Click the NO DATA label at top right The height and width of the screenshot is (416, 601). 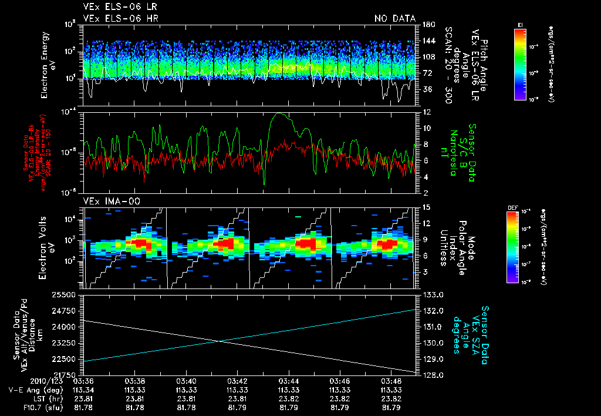click(394, 18)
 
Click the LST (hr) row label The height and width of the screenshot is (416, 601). click(30, 398)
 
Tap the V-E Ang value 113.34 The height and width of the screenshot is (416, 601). click(84, 390)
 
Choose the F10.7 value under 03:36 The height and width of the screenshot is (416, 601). click(84, 407)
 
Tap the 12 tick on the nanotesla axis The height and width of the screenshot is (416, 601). click(425, 112)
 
